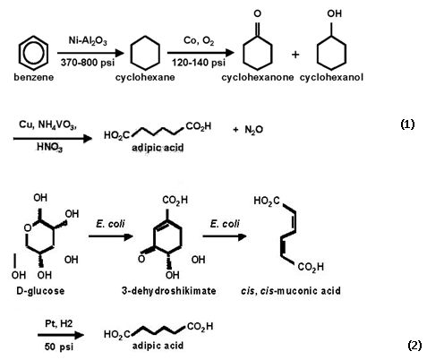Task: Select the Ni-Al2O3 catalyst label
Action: pos(88,40)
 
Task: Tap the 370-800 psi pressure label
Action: pos(88,63)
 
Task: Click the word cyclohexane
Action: pos(145,77)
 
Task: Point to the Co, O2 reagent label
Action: pos(199,40)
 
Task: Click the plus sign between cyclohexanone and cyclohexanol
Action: pos(295,55)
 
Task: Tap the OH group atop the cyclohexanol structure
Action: pos(334,13)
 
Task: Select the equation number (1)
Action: pos(407,124)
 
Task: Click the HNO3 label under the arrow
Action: pos(49,147)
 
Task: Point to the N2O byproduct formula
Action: pos(253,130)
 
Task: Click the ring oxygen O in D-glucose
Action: pos(28,228)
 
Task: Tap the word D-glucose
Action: pos(40,291)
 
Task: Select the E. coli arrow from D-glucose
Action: pos(111,236)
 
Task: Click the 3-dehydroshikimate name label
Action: pos(168,291)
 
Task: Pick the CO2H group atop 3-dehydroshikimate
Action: pos(175,200)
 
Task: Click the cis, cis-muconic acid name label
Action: pos(291,291)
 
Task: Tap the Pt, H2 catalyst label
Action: pos(59,323)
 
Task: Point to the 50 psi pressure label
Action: pos(59,347)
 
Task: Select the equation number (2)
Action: pos(414,346)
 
